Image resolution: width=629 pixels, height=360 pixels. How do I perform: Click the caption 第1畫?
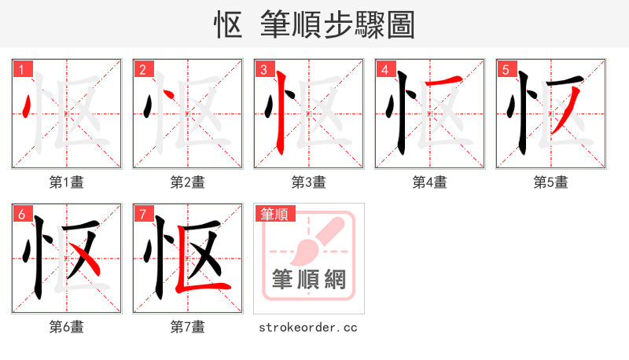point(67,182)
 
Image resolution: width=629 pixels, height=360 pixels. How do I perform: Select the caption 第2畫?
point(188,182)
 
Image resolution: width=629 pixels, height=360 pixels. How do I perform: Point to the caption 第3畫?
point(309,182)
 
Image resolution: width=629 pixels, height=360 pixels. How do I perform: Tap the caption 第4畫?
point(430,182)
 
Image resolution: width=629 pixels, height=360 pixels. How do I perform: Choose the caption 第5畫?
point(551,182)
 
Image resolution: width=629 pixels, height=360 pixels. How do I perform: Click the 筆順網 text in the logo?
point(309,280)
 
